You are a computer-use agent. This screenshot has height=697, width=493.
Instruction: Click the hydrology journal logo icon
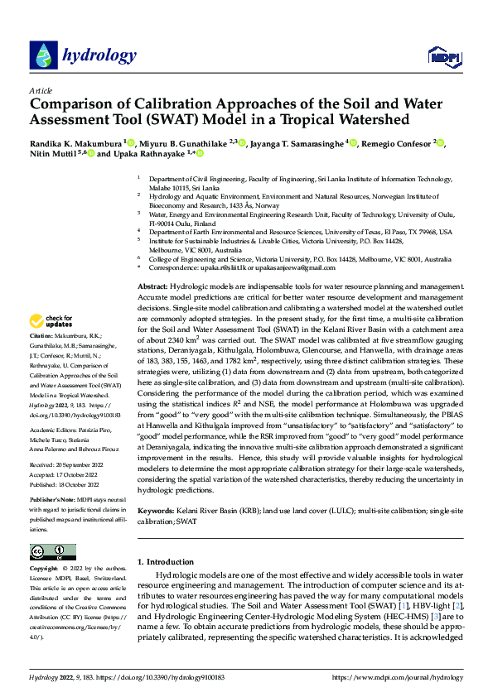(x=42, y=55)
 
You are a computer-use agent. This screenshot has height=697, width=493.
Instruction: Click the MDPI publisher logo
(x=442, y=56)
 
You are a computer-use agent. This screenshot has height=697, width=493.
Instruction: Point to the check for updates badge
(x=51, y=320)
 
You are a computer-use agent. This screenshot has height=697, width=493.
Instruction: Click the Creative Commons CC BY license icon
(x=52, y=552)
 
